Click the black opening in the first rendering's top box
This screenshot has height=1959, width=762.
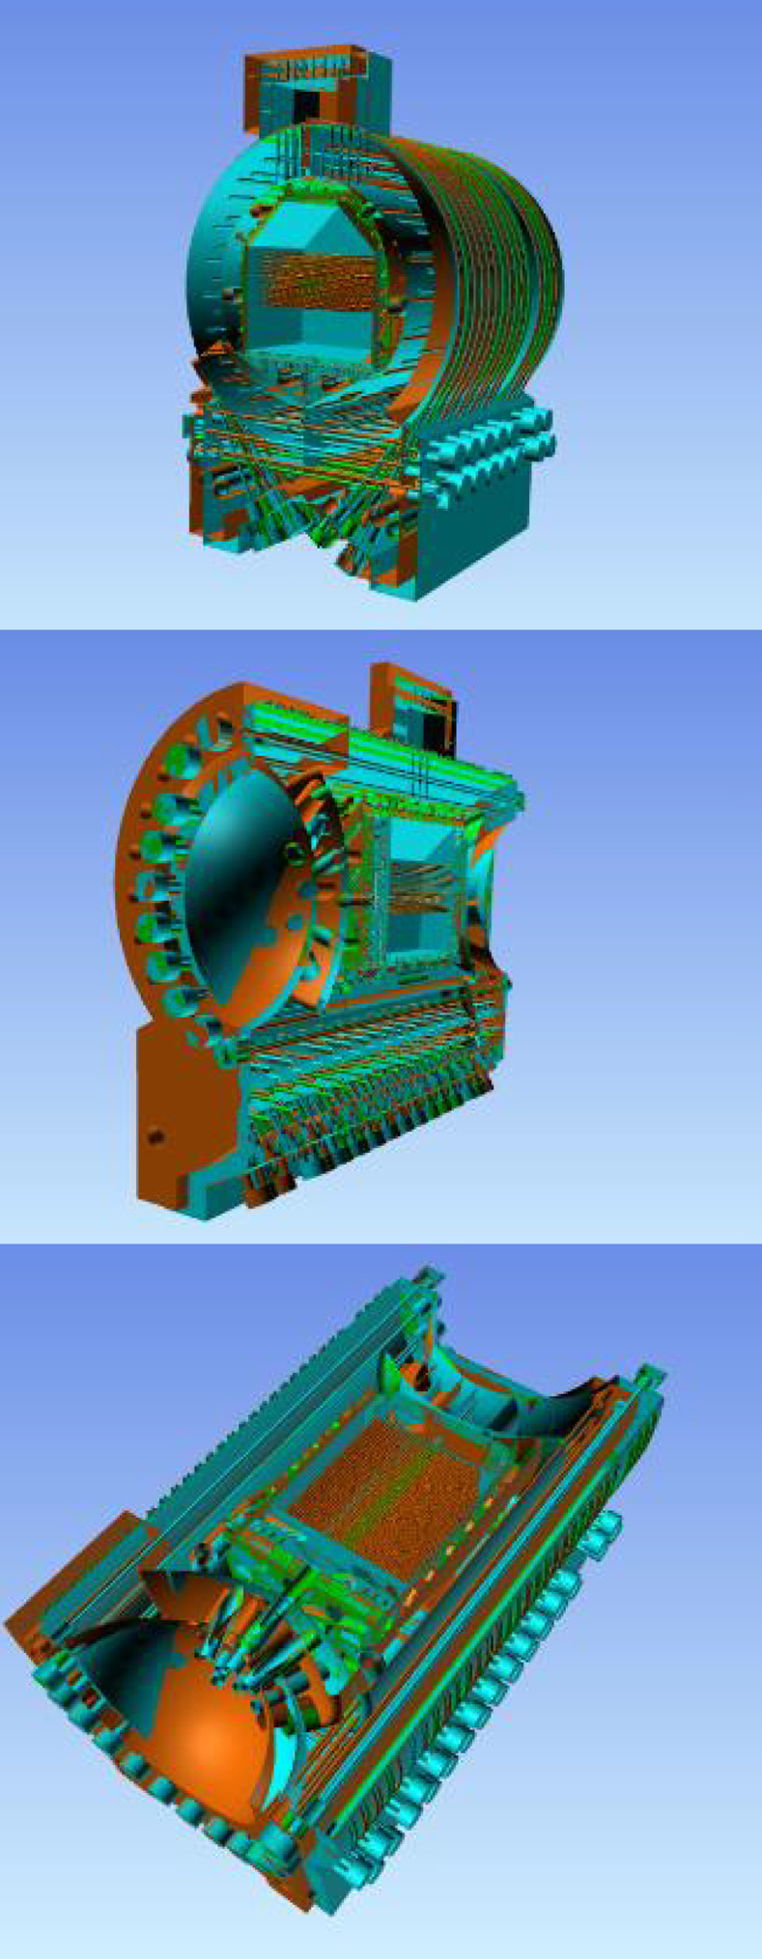[x=307, y=101]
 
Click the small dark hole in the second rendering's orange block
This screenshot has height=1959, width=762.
[x=152, y=1136]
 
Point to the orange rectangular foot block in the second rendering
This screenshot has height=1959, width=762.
[x=183, y=1110]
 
